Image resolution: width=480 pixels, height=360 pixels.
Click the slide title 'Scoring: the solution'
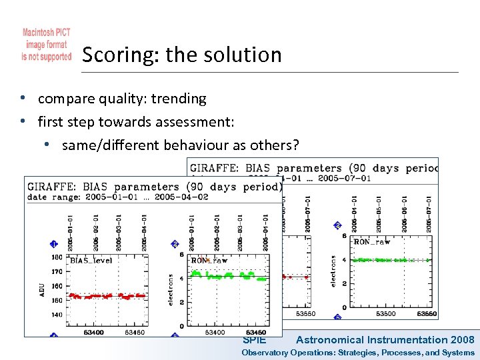[x=181, y=55]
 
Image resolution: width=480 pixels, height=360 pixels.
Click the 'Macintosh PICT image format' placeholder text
[x=47, y=45]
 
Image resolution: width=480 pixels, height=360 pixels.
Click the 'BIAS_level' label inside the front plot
[x=91, y=261]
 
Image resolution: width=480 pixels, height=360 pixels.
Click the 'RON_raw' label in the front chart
[x=213, y=260]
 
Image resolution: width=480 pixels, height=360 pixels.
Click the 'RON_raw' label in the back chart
[x=371, y=242]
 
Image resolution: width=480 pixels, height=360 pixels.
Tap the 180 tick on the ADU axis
[x=57, y=257]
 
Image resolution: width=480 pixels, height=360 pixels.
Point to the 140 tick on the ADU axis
[x=57, y=314]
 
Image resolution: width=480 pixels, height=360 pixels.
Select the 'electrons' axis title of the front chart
[x=171, y=289]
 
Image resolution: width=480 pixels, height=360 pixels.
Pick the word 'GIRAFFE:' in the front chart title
[x=51, y=187]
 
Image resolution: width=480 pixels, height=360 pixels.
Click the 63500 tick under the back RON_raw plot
[x=385, y=313]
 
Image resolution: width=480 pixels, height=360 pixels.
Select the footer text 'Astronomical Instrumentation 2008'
[x=385, y=340]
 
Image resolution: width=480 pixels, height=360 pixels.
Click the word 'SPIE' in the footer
[x=254, y=340]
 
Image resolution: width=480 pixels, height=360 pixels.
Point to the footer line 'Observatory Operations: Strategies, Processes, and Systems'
[x=358, y=352]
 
